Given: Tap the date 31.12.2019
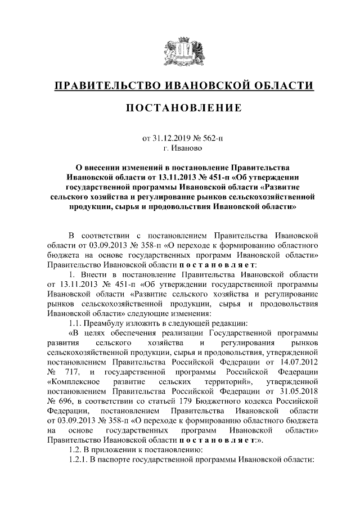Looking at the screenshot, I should (169, 138).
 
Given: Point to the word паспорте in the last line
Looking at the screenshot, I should (120, 460).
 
